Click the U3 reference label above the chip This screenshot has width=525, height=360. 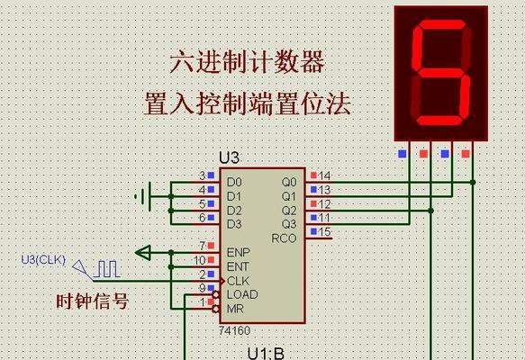pyautogui.click(x=230, y=157)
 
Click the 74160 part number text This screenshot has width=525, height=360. pyautogui.click(x=234, y=331)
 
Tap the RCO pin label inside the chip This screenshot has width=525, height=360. pyautogui.click(x=284, y=238)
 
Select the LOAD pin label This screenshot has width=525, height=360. pyautogui.click(x=242, y=294)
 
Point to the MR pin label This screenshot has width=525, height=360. pyautogui.click(x=235, y=309)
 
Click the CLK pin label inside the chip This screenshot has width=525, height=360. pyautogui.click(x=238, y=281)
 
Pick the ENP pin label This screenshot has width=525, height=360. pyautogui.click(x=239, y=252)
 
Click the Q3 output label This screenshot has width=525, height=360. pyautogui.click(x=289, y=224)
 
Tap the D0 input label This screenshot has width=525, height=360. pyautogui.click(x=234, y=182)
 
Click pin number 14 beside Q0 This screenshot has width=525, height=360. pyautogui.click(x=324, y=175)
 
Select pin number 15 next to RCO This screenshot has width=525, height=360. pyautogui.click(x=324, y=231)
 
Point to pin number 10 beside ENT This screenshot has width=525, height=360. pyautogui.click(x=200, y=260)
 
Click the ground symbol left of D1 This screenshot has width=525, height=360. pyautogui.click(x=143, y=196)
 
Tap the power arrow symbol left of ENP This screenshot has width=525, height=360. pyautogui.click(x=143, y=253)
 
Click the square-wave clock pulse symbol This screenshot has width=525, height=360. pyautogui.click(x=107, y=269)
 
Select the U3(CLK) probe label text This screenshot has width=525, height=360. pyautogui.click(x=43, y=260)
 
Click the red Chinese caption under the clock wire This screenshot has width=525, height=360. pyautogui.click(x=93, y=301)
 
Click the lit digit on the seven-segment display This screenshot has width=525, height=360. pyautogui.click(x=441, y=73)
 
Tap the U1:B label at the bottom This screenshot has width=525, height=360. pyautogui.click(x=266, y=354)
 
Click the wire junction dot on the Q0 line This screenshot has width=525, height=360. pyautogui.click(x=473, y=183)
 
